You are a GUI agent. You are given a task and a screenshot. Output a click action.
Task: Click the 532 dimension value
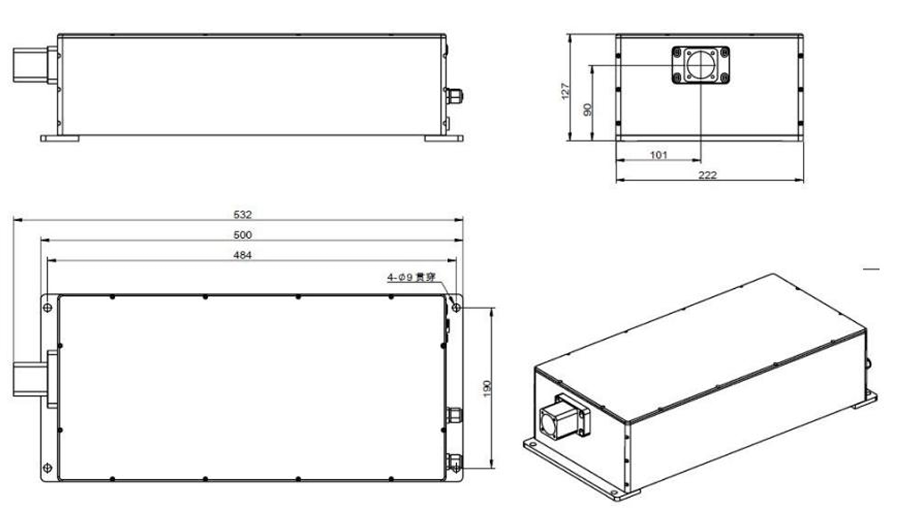point(242,214)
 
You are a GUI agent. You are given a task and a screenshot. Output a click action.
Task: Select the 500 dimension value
point(242,235)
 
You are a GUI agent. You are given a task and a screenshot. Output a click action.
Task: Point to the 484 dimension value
point(242,255)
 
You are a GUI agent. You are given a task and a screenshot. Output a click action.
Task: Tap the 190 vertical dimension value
point(488,388)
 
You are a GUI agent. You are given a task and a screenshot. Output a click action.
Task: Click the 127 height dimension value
point(565,91)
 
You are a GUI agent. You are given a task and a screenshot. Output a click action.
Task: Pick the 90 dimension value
point(587,109)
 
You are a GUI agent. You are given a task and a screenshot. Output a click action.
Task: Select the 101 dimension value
point(659,155)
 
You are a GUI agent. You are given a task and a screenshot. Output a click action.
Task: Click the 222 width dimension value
point(707,175)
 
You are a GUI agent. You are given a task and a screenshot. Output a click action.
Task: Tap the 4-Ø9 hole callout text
point(412,277)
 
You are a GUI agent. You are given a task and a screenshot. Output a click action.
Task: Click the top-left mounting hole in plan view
point(48,308)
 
